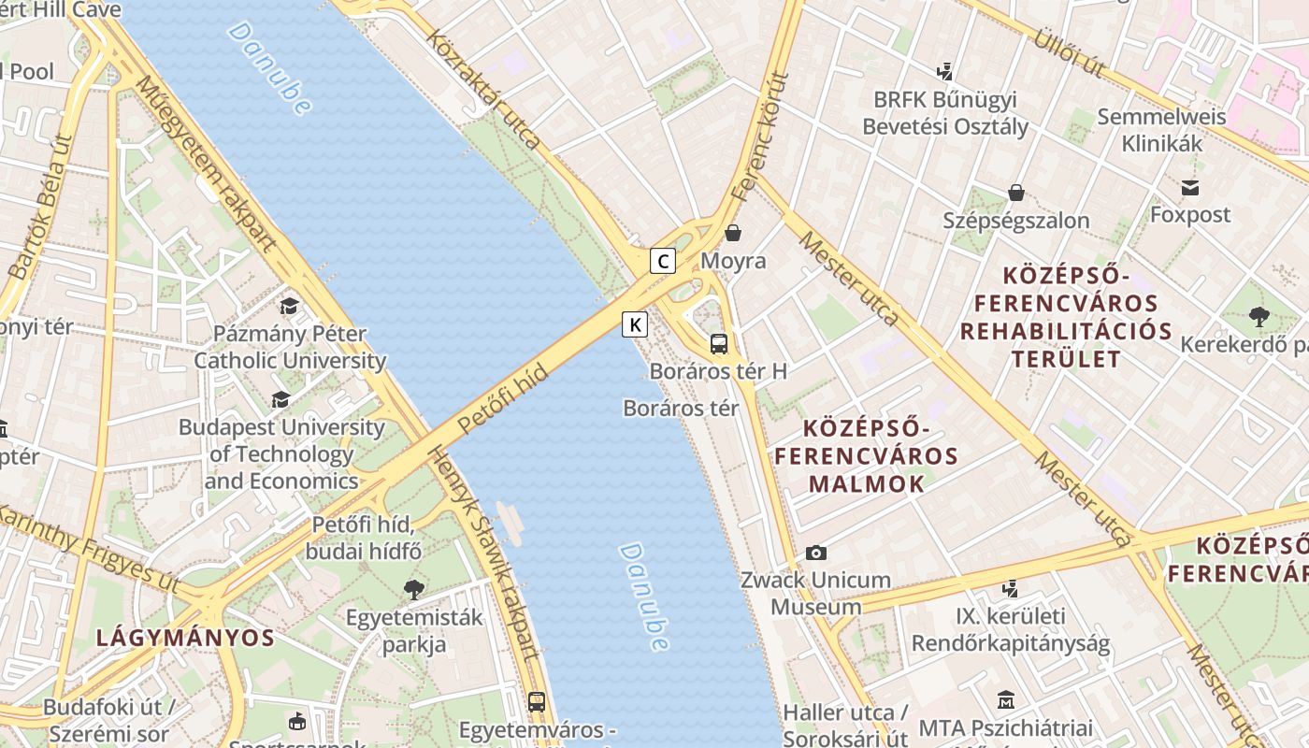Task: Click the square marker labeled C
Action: pos(663,261)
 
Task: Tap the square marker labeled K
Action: pos(635,324)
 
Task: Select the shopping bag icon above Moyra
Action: pos(733,233)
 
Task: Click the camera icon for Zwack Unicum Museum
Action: pos(816,553)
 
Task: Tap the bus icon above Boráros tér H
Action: pos(718,343)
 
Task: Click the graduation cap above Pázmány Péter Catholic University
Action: pos(290,306)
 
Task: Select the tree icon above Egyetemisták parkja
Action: pos(413,590)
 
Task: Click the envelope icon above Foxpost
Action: pos(1190,187)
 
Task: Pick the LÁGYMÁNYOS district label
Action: pos(185,639)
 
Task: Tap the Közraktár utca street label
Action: pos(483,89)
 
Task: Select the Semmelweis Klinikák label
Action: pos(1161,130)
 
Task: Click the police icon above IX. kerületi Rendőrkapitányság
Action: pos(1010,589)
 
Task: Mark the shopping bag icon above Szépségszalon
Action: pos(1016,193)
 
